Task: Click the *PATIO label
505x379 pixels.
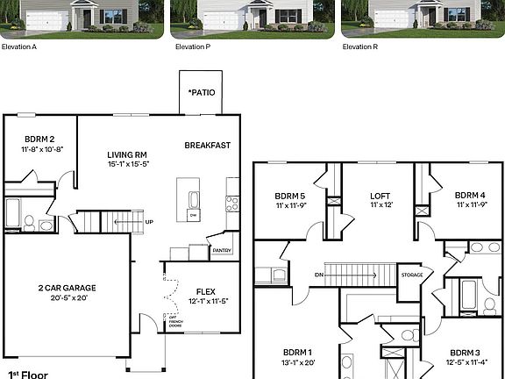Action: [x=202, y=92]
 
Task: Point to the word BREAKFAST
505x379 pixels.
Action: [x=207, y=145]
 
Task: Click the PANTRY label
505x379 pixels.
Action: [x=223, y=251]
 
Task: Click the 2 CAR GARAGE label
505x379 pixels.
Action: [x=54, y=288]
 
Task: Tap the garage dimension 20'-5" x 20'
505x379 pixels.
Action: [x=54, y=297]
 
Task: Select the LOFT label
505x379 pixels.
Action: [x=379, y=196]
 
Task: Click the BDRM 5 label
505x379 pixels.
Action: [x=289, y=196]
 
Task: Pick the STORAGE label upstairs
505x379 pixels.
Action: [x=411, y=275]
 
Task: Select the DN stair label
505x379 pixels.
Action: [x=318, y=275]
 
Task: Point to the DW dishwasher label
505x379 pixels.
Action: [x=193, y=214]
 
